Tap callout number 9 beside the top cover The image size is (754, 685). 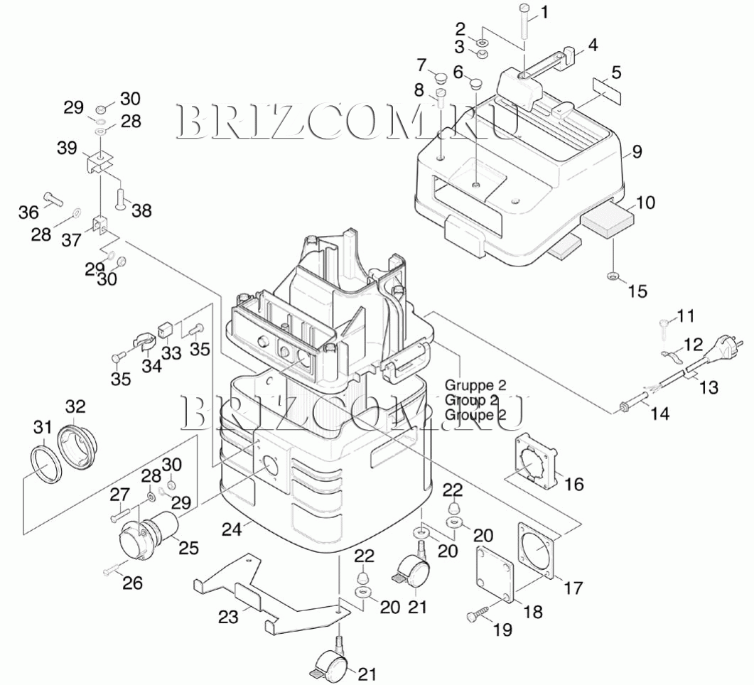tap(637, 151)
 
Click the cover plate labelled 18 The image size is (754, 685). tap(495, 574)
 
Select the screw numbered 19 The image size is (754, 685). tap(478, 616)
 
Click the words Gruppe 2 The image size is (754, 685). tap(475, 386)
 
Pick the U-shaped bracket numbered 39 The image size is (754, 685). tap(101, 163)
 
